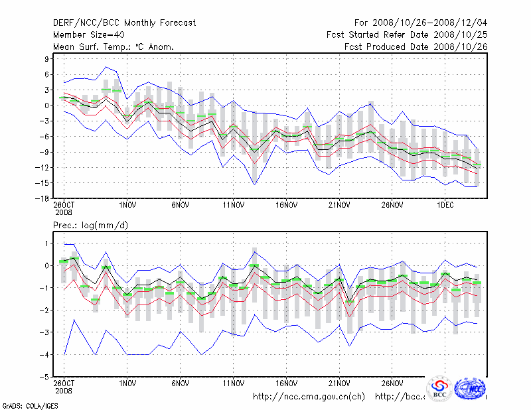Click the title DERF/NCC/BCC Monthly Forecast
coord(125,23)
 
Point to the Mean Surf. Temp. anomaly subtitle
coord(114,47)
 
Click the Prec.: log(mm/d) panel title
coord(91,226)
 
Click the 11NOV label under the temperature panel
coord(233,205)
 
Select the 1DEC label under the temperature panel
coord(445,205)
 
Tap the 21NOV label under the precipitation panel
coord(339,383)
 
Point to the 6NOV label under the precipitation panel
coord(181,383)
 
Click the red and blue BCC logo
coord(439,388)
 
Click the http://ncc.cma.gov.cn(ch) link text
coord(309,397)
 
